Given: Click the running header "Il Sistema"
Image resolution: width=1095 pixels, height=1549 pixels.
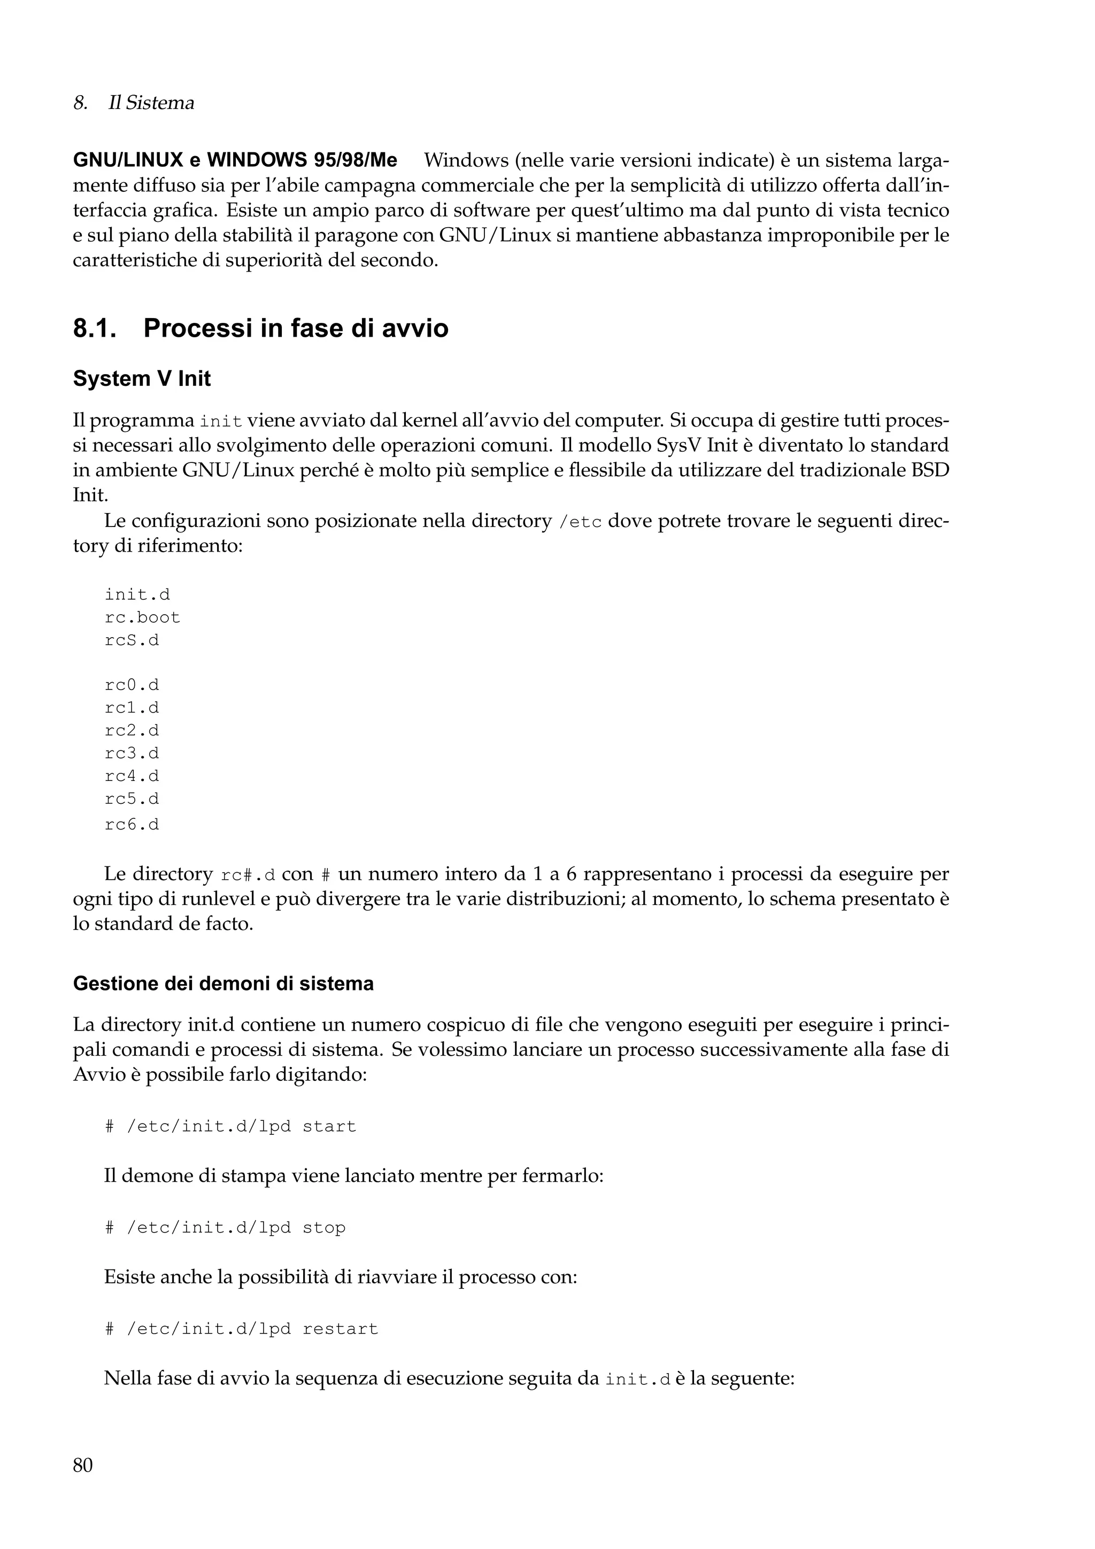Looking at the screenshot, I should [151, 103].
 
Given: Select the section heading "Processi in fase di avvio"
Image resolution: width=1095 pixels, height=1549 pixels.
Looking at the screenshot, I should [296, 329].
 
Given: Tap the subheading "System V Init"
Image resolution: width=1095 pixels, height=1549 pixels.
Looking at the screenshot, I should [142, 379].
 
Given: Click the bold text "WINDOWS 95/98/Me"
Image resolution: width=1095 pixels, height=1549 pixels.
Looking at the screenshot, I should [302, 160].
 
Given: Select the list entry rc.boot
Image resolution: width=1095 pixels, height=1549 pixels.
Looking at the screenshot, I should [142, 618].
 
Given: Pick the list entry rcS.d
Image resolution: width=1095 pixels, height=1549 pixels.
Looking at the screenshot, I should [132, 640].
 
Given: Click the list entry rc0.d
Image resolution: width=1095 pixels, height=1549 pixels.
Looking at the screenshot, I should [132, 685].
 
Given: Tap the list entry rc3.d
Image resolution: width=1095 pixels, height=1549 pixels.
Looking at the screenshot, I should [132, 754].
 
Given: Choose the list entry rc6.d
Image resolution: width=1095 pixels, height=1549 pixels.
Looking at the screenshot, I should [132, 824].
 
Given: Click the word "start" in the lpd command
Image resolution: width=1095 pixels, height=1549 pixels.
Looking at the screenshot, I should [329, 1127].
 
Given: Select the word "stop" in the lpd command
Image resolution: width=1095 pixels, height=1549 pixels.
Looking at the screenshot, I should [324, 1228].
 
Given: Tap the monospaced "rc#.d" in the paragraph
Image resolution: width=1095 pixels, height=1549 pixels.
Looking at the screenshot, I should [248, 876].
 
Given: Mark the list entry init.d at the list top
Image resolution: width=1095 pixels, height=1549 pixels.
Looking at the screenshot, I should [137, 595].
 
